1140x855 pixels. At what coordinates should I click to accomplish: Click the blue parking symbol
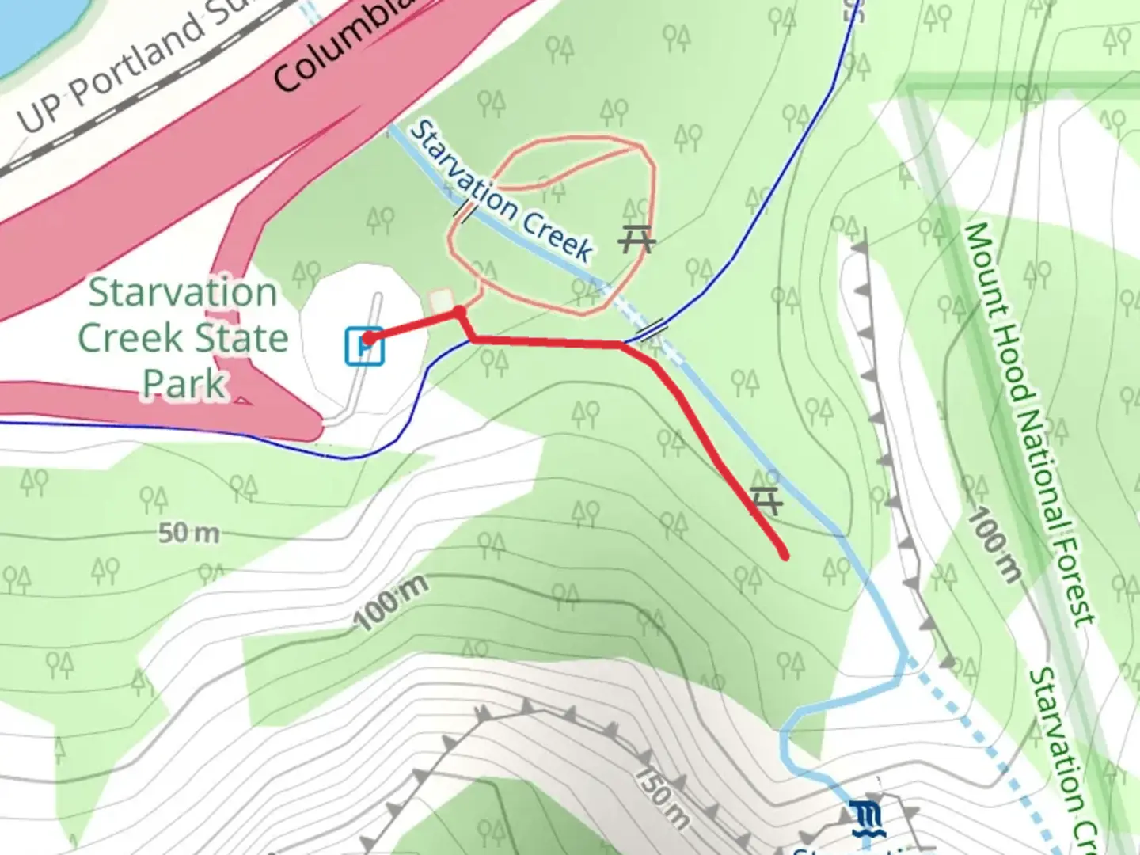point(365,346)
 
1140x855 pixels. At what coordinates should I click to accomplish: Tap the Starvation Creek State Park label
point(183,337)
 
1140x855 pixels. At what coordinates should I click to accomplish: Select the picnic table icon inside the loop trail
point(636,237)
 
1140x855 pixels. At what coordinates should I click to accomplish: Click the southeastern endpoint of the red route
point(784,555)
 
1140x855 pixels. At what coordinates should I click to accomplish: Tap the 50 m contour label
point(188,534)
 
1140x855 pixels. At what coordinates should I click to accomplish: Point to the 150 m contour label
point(662,796)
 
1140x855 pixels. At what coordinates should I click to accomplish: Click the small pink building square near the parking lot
point(441,300)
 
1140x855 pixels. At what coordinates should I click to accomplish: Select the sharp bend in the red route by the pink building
point(460,313)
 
